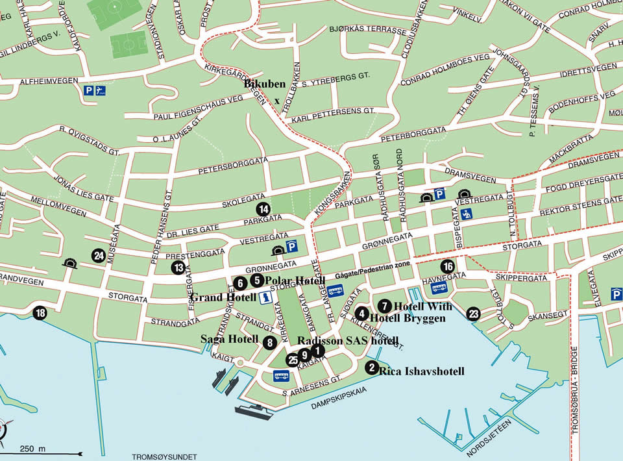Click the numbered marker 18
point(41,314)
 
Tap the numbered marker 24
point(99,256)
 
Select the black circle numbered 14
point(263,209)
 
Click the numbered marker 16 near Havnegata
point(448,266)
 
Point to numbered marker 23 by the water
point(474,314)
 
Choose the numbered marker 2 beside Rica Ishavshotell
point(371,368)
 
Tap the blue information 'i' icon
point(265,298)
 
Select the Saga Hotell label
point(229,340)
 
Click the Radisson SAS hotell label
point(348,341)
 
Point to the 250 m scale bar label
point(32,449)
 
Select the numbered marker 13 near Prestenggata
point(178,268)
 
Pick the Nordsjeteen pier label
point(491,437)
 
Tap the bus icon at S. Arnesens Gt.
point(281,375)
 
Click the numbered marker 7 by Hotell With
point(385,305)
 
